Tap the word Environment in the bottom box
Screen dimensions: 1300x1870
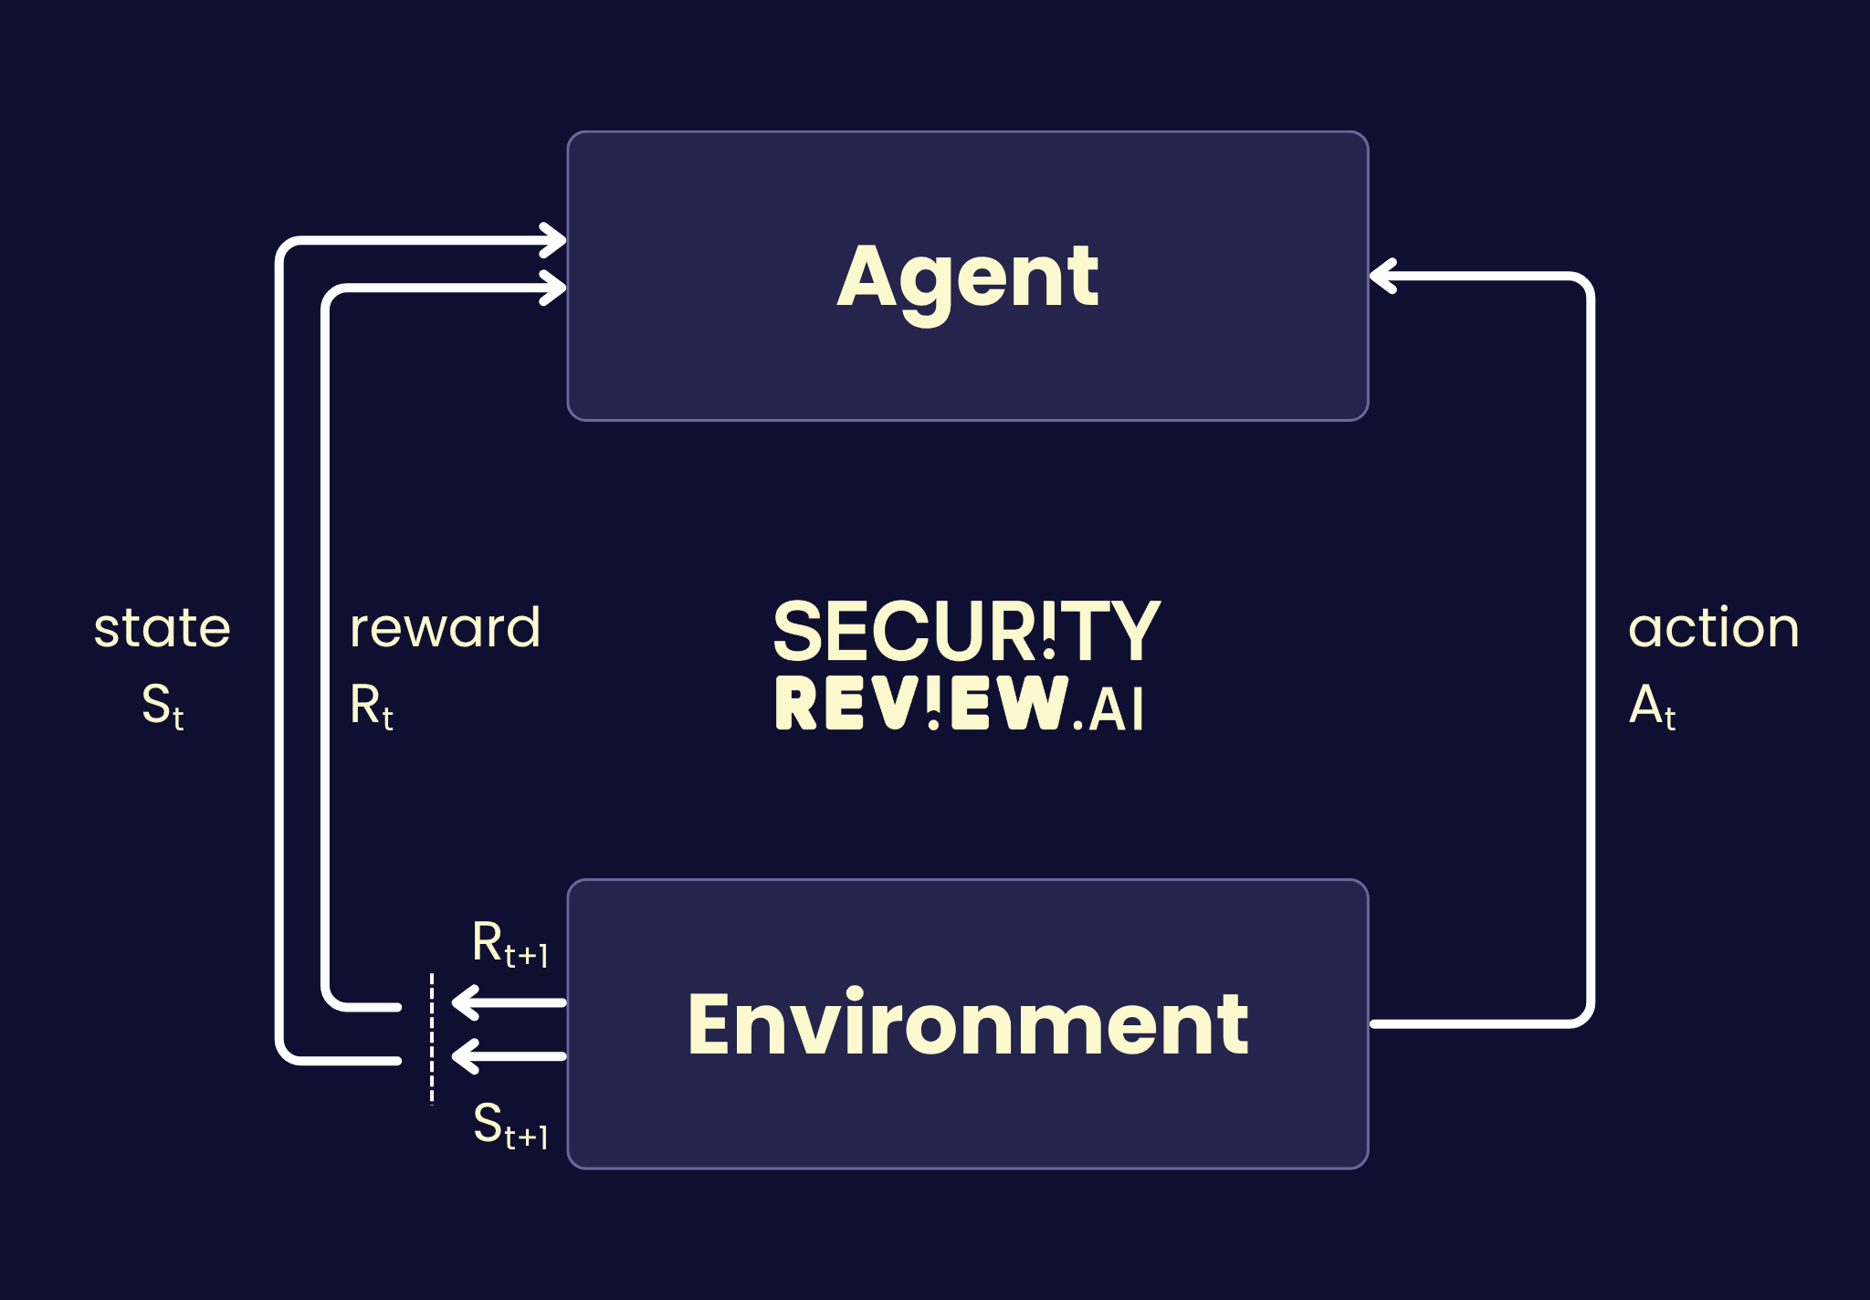point(968,1024)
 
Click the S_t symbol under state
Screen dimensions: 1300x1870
point(163,707)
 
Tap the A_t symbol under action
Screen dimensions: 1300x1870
point(1652,707)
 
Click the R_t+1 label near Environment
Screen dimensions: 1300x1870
point(510,944)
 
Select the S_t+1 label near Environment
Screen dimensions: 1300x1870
point(510,1125)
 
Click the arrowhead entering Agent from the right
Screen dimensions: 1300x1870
point(1383,276)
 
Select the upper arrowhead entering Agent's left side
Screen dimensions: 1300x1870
point(553,241)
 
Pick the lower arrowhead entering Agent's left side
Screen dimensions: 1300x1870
point(553,288)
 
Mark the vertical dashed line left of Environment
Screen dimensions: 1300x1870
point(432,1039)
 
